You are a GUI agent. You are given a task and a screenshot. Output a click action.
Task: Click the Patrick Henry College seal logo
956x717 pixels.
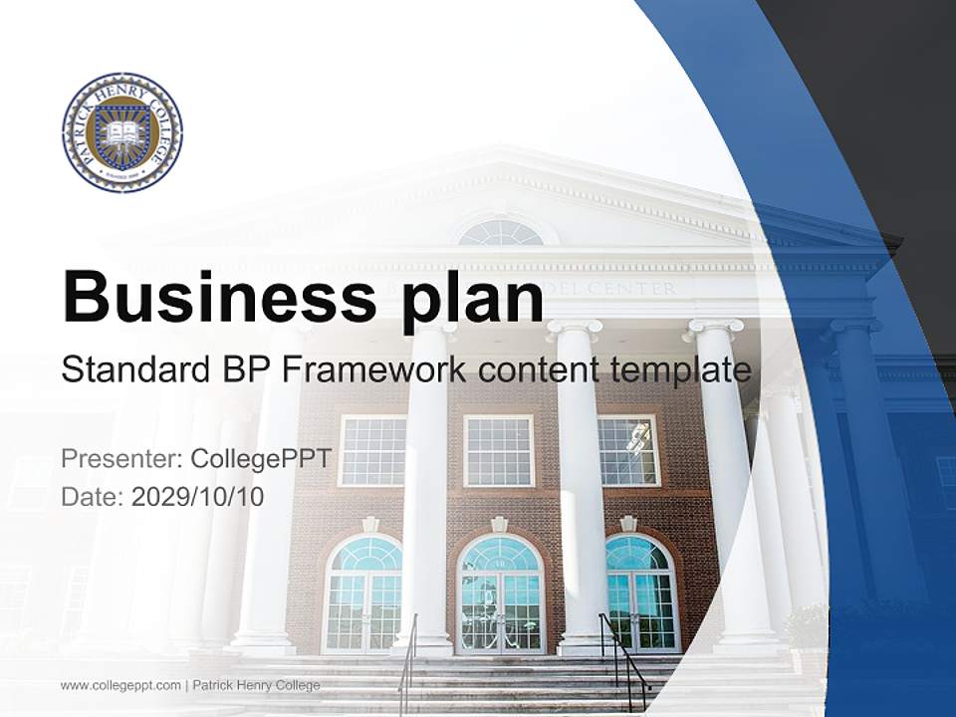point(121,132)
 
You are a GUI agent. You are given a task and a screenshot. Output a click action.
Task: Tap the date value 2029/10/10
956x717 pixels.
point(198,496)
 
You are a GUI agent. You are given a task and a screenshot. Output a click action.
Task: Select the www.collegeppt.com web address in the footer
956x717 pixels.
point(120,685)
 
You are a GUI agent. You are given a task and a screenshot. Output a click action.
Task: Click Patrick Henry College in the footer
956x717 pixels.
point(256,685)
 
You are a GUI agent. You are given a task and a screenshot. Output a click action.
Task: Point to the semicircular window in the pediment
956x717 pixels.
point(501,233)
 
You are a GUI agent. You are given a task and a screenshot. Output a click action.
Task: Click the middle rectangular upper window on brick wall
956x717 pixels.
point(499,450)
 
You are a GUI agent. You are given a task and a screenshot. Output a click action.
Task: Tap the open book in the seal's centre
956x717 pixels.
point(121,132)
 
